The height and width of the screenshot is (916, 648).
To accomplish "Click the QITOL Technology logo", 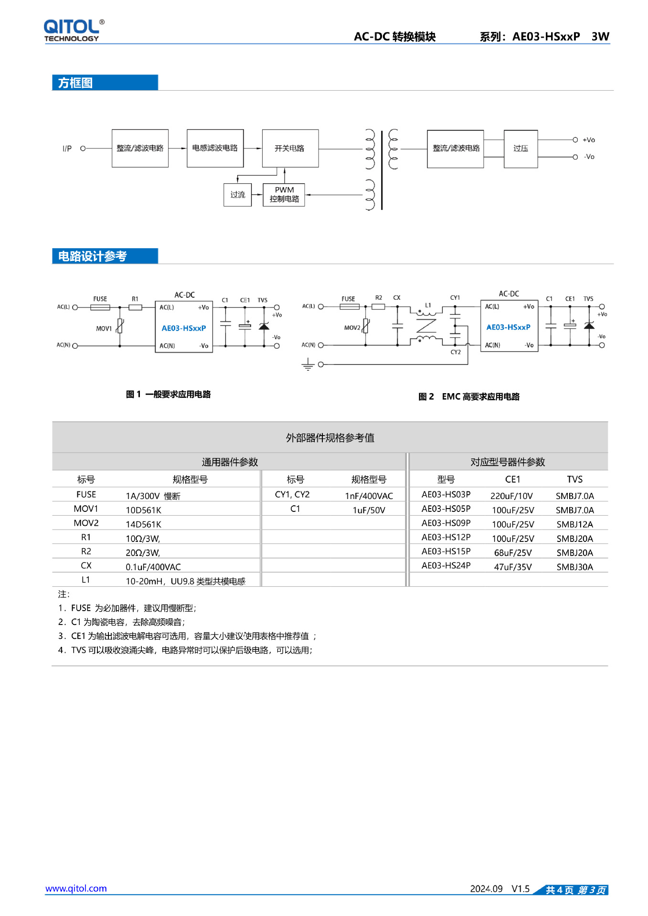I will pos(73,31).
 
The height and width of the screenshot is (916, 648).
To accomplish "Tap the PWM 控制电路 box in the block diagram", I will pos(284,195).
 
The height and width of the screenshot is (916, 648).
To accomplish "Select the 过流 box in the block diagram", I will pos(237,195).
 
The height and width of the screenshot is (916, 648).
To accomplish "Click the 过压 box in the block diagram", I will pos(521,148).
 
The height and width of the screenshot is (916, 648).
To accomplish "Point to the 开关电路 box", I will pos(290,148).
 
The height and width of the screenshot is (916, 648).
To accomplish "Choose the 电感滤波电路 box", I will pos(215,148).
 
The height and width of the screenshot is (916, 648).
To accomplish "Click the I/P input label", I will pos(67,148).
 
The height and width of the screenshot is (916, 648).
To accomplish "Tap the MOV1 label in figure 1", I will pos(104,329).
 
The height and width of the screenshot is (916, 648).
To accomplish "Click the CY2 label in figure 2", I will pos(456,352).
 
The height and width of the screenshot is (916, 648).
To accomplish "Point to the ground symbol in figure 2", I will pos(308,365).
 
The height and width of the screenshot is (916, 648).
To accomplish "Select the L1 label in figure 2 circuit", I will pos(428,305).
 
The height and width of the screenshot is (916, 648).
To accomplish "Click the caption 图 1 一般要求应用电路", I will pos(168,394).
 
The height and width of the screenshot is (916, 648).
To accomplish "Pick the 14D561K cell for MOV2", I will pos(143,524).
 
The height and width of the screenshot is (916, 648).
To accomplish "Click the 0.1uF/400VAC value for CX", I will pos(153,567).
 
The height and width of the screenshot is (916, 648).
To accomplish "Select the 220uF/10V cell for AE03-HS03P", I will pos(511,496).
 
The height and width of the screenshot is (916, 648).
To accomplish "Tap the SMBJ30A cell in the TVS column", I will pos(574,567).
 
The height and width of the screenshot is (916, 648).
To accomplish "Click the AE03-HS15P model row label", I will pos(446,552).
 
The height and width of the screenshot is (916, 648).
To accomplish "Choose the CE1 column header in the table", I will pos(512,479).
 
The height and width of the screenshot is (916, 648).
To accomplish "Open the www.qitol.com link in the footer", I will pos(76,888).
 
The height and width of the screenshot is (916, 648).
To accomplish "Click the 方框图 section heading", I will pos(75,83).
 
